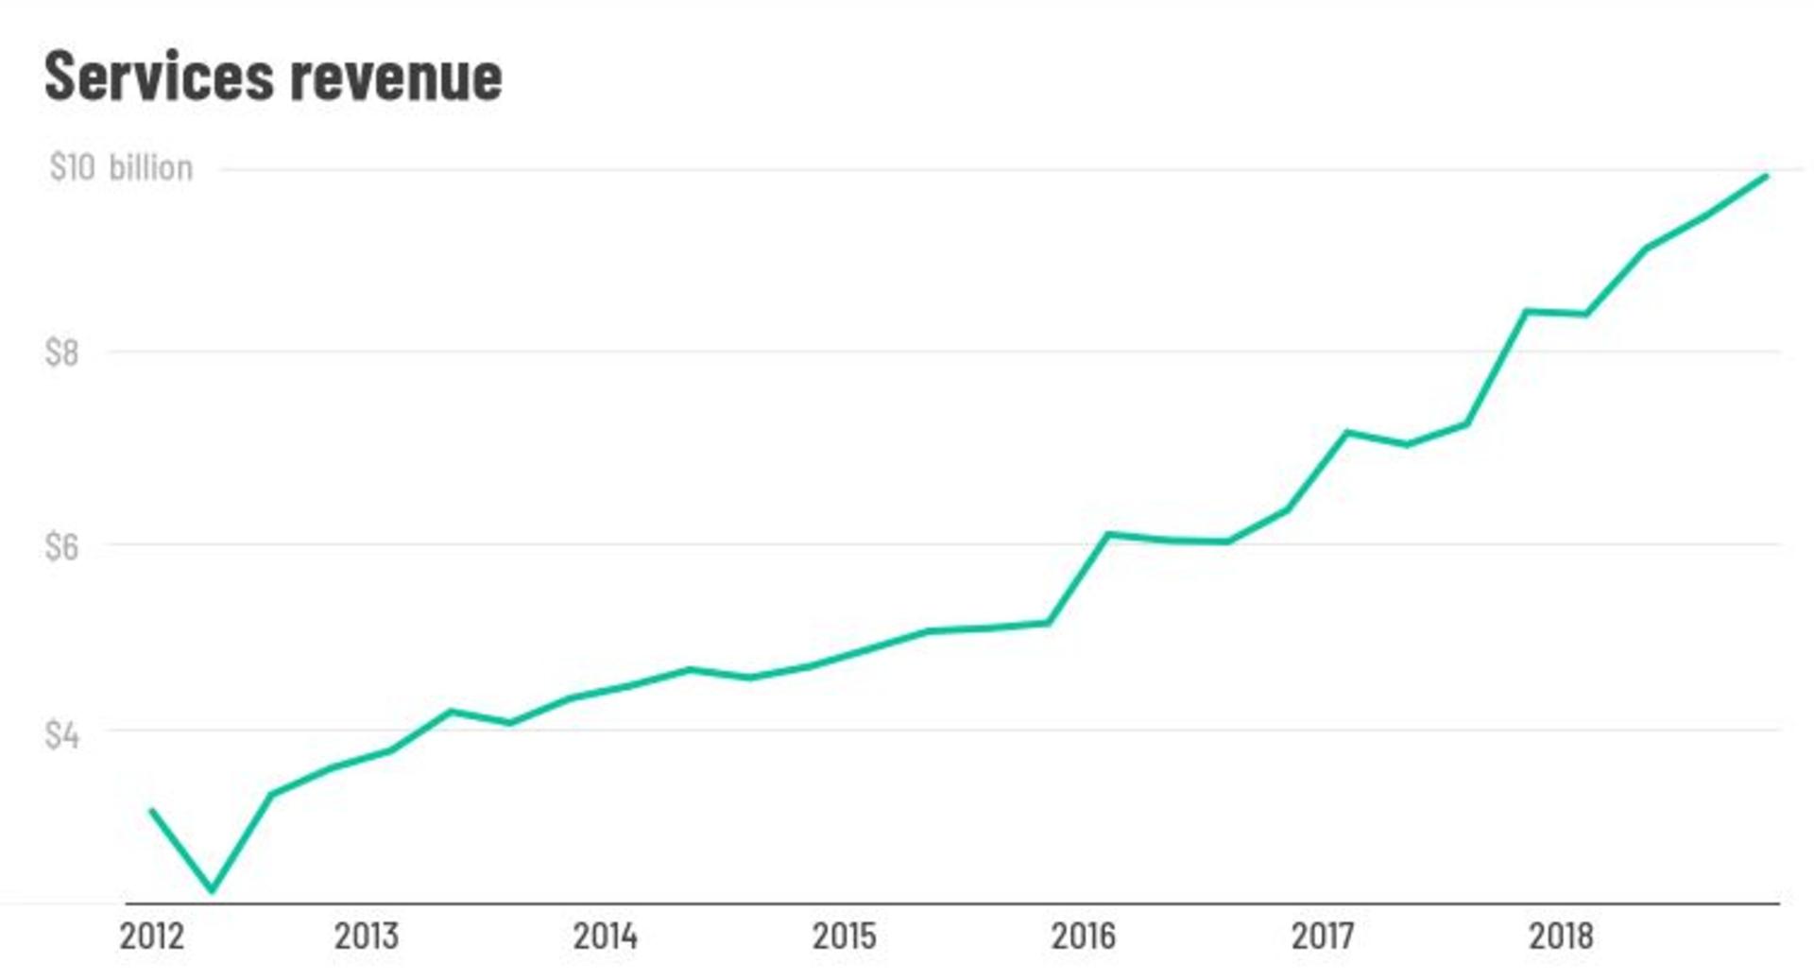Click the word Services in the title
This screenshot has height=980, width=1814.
tap(159, 76)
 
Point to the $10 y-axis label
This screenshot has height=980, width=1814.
tap(72, 167)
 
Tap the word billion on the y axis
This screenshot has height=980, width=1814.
tap(151, 167)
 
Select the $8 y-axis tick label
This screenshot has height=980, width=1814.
tap(61, 352)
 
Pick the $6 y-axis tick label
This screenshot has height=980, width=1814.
tap(61, 545)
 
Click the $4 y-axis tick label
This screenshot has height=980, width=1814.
tap(61, 734)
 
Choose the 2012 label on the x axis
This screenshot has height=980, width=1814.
tap(152, 936)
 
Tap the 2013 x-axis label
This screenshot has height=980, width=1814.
tap(367, 936)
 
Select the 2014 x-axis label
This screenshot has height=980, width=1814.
tap(606, 936)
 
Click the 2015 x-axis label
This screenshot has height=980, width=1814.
tap(845, 936)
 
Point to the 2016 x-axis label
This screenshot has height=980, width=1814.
tap(1084, 936)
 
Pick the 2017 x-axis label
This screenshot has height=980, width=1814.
tap(1323, 936)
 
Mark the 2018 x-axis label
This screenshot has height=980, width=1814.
tap(1561, 936)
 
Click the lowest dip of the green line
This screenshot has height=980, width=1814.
tap(212, 889)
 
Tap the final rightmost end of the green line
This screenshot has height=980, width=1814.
tap(1766, 176)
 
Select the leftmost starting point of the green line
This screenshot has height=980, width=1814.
tap(151, 810)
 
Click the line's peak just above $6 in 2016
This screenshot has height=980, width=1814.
tap(1108, 535)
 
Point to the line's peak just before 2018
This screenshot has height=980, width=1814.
tap(1526, 311)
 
